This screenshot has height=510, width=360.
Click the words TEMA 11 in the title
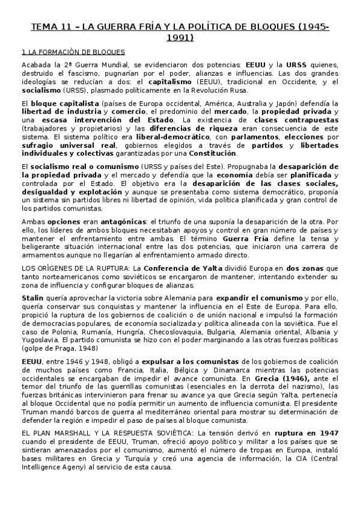tap(50, 27)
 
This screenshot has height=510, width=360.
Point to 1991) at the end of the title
tap(180, 38)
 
